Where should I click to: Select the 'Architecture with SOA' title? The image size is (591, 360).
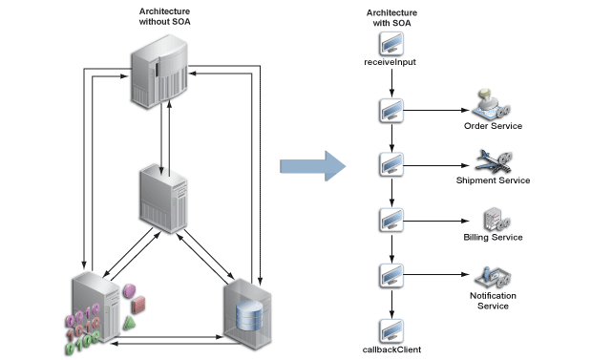point(391,18)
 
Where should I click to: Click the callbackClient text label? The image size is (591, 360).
point(392,350)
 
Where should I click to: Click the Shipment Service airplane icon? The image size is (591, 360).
point(493,160)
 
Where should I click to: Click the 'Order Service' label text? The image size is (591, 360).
point(493,125)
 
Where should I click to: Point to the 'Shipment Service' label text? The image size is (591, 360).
point(494,180)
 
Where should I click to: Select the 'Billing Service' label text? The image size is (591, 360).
point(493,237)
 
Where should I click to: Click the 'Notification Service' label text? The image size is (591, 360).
point(493,301)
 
